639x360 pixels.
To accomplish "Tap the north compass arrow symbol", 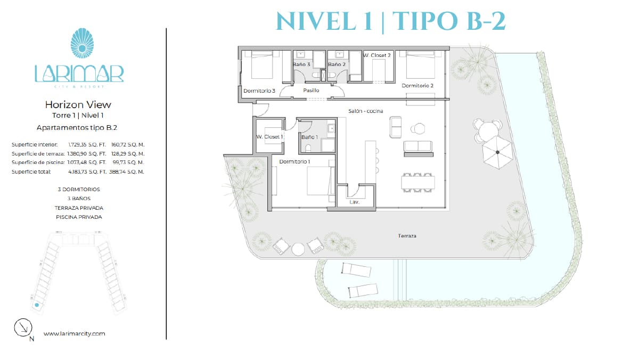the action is point(23,328).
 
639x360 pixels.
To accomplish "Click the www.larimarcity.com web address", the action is point(74,333).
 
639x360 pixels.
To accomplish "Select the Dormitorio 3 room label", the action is point(259,91).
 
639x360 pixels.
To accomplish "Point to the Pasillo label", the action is point(311,90).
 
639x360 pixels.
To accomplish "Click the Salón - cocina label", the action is point(365,111).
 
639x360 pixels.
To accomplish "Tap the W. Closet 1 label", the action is point(269,137).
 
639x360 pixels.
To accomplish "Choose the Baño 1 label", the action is point(309,137).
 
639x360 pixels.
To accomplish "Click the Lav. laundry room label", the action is point(354,202).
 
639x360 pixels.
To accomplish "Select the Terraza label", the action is point(407,236).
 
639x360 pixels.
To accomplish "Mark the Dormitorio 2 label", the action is point(417,86).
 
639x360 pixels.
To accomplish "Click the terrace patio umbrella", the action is point(498,152).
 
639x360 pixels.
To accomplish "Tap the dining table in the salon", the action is point(418,183).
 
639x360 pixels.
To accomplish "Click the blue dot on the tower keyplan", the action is point(37,305).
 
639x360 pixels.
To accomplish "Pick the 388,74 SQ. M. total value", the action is point(126,171).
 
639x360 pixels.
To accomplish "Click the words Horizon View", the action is point(78,105).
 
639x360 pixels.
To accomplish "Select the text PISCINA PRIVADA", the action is point(79,217).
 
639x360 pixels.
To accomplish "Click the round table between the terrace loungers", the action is point(298,249).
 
